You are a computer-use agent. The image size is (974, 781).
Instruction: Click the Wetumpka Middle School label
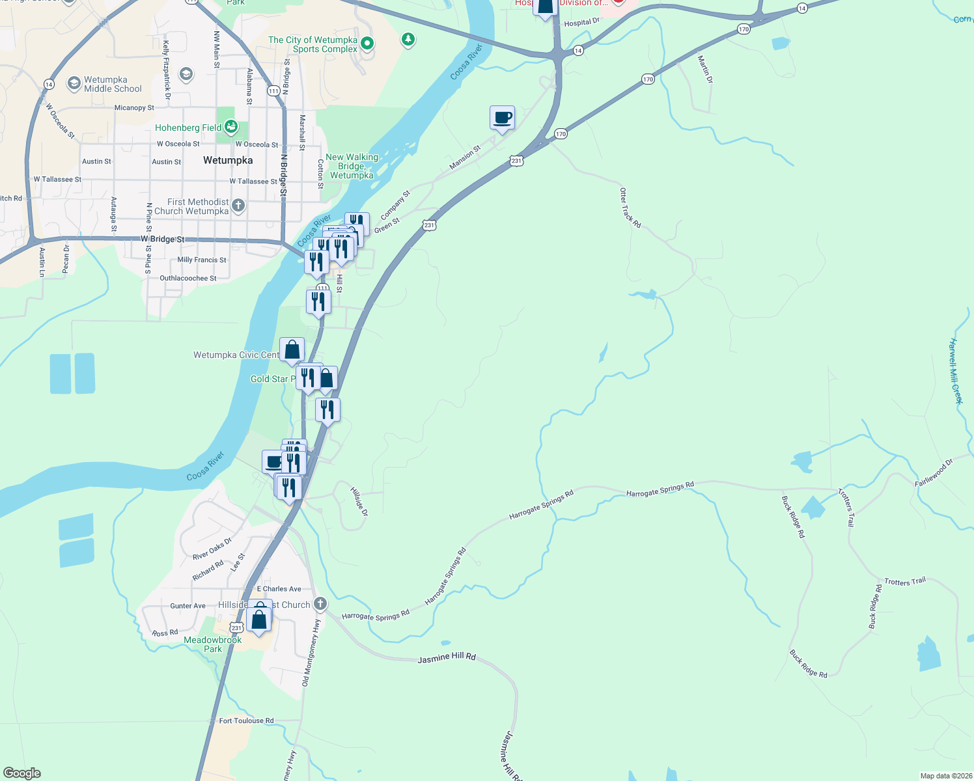113,85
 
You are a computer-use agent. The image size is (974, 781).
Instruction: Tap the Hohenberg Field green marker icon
230,127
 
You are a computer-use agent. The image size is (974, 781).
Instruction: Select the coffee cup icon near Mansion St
502,118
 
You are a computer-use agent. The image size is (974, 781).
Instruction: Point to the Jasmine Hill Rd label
447,658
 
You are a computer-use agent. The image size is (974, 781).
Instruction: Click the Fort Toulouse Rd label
246,720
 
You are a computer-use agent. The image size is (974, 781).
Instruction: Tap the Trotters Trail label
904,581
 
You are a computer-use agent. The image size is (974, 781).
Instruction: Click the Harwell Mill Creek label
955,371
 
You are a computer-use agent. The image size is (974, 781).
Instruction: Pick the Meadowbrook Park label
213,644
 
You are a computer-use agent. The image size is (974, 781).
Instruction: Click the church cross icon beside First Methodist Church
238,206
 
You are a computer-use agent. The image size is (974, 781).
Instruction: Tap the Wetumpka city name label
228,160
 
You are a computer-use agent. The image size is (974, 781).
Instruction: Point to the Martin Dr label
705,69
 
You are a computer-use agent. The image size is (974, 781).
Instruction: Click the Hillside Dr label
359,502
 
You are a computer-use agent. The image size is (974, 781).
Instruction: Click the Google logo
21,773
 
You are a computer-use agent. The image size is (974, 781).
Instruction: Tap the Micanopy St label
134,108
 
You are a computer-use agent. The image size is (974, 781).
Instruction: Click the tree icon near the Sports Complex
408,40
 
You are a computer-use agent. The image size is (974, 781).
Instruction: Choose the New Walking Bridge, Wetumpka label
352,166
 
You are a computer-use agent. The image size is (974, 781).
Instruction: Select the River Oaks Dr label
212,549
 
